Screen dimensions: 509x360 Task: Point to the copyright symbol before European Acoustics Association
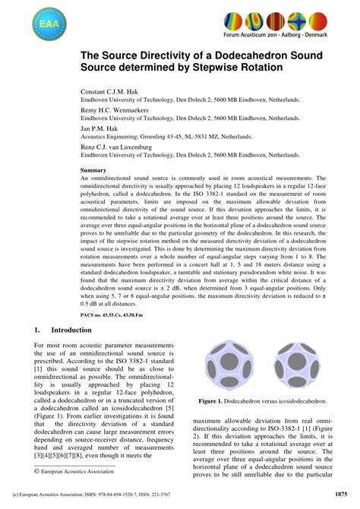(x=36, y=472)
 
